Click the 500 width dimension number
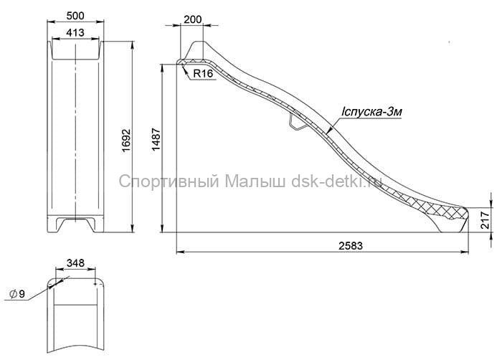[x=75, y=16]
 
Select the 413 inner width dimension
[x=75, y=33]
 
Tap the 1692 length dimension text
[x=126, y=141]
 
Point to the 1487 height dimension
[x=156, y=140]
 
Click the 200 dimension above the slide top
[x=193, y=19]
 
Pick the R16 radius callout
[x=203, y=74]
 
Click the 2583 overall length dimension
[x=351, y=246]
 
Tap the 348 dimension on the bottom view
[x=75, y=263]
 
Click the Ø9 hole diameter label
[x=17, y=294]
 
